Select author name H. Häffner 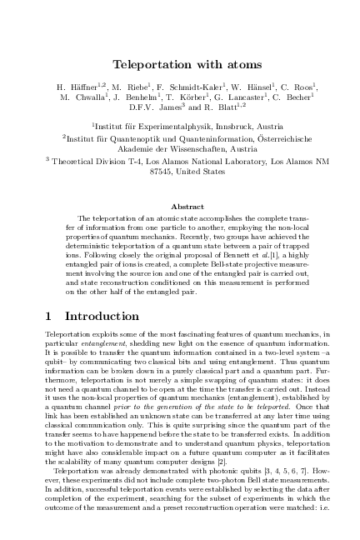pyautogui.click(x=78, y=86)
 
